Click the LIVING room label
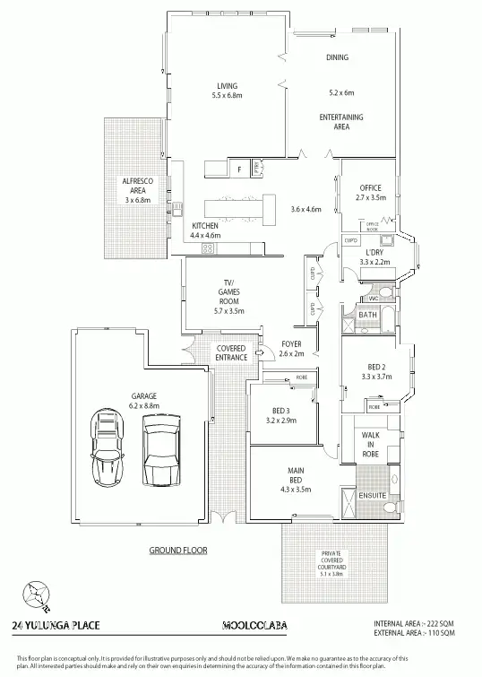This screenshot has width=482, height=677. pos(227,86)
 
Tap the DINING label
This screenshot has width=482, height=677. pos(337,57)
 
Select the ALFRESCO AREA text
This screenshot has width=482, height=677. pos(138,186)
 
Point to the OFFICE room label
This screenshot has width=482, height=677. pos(371,187)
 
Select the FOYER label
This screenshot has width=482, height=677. pos(292,343)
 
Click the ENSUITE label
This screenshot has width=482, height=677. pos(371,494)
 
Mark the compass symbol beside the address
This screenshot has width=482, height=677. pos(36,594)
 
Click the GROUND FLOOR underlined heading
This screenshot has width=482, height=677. pos(178,550)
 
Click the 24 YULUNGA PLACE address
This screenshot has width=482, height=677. pos(57,625)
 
